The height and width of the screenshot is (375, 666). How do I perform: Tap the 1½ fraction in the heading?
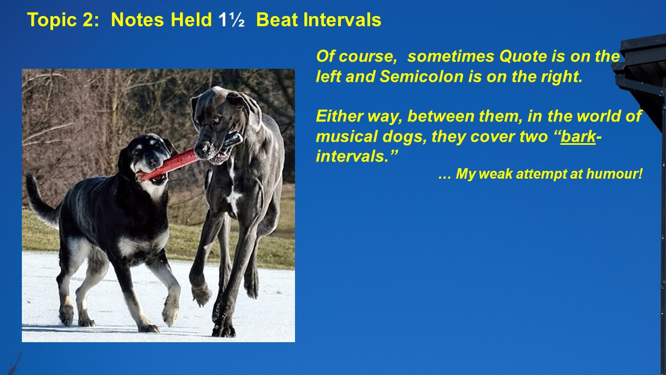[232, 20]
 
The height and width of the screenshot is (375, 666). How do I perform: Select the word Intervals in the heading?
[342, 20]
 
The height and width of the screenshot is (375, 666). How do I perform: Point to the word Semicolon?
[421, 77]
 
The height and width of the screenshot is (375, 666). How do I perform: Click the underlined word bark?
[578, 136]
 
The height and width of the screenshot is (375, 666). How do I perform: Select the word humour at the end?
[614, 174]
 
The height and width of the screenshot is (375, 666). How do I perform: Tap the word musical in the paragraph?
[347, 136]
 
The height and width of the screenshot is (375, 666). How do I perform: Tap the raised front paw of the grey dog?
[201, 295]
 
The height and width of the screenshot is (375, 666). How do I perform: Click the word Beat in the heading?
[277, 20]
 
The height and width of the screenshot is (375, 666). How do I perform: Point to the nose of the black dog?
[153, 161]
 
